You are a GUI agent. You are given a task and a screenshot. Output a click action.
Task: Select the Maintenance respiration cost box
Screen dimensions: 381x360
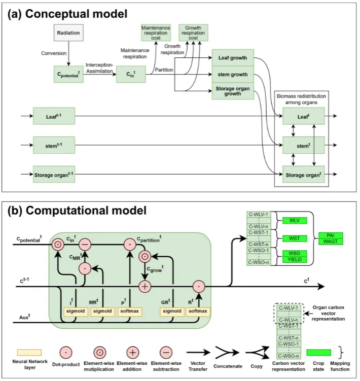click(155, 32)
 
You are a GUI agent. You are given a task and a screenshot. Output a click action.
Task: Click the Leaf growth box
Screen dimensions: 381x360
click(233, 58)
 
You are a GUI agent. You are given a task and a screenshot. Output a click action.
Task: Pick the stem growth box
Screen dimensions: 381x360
click(233, 75)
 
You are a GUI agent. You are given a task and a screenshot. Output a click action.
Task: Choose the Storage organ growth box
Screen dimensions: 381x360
click(233, 91)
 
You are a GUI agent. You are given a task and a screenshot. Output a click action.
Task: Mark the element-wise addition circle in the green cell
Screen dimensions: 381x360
click(145, 286)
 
